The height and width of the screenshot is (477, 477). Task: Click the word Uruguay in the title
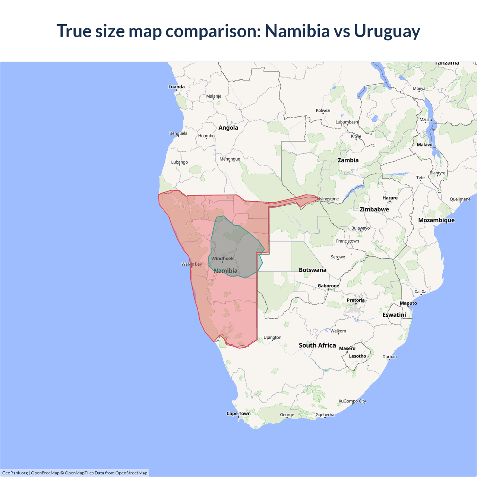pos(387,31)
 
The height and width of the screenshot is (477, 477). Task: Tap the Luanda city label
pos(176,87)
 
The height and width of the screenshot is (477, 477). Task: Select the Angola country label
pos(228,128)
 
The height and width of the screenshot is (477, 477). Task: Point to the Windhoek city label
pos(222,259)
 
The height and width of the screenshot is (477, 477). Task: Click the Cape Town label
pos(238,414)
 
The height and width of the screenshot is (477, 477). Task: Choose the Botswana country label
pos(312,270)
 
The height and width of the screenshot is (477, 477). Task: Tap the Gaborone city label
pos(328,286)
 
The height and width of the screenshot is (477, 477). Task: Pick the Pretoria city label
pos(356,300)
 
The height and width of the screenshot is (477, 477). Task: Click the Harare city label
pos(390,198)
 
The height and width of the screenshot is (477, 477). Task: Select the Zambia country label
pos(348,160)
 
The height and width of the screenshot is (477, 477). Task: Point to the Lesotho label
pos(357,356)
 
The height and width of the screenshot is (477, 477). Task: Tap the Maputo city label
pos(408,303)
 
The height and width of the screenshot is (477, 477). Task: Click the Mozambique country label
pos(436,220)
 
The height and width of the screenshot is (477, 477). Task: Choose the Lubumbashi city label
pos(347,122)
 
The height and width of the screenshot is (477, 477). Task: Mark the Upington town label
pos(272,338)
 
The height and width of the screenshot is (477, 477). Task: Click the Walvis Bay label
pos(192,264)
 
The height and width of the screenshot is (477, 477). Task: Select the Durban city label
pos(389,357)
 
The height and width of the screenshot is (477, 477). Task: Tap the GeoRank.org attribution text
pos(15,473)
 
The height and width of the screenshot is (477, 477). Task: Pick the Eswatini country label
pos(394,315)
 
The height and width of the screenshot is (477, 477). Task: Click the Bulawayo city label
pos(360,228)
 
